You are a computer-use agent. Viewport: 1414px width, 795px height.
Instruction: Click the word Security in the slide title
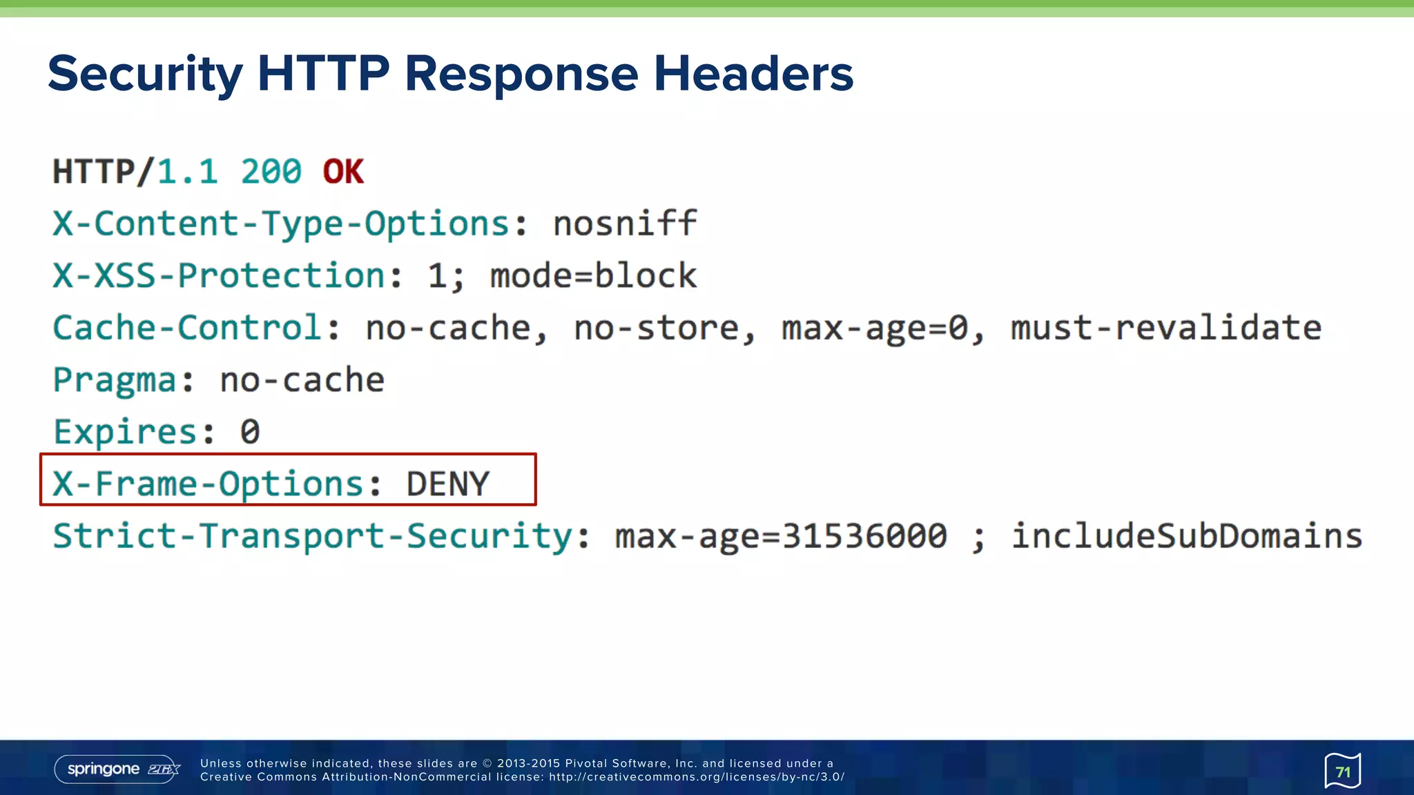point(145,75)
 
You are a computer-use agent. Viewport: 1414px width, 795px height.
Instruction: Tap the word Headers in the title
point(753,73)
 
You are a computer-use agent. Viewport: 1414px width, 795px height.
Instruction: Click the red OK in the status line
point(343,172)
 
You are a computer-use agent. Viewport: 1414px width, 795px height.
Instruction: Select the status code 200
point(271,172)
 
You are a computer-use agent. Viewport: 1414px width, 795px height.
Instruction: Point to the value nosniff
point(625,224)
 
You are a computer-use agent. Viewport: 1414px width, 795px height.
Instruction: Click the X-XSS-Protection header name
point(219,275)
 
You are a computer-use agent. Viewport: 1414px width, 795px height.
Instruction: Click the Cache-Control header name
point(187,328)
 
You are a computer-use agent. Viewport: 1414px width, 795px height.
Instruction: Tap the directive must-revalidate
point(1166,328)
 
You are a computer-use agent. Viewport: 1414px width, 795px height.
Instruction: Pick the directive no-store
point(656,328)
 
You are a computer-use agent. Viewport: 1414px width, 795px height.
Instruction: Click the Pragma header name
point(115,380)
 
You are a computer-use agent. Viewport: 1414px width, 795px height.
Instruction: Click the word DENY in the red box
point(448,484)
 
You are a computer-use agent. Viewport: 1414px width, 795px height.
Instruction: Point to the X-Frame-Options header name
point(208,484)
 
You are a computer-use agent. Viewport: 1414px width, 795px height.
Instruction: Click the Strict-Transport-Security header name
point(312,536)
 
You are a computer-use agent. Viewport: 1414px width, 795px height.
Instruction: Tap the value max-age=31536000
point(781,536)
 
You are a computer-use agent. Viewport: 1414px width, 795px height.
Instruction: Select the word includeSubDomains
point(1187,536)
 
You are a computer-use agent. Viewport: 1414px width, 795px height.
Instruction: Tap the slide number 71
point(1342,771)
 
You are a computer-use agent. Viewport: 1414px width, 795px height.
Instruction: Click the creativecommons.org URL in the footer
point(697,777)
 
